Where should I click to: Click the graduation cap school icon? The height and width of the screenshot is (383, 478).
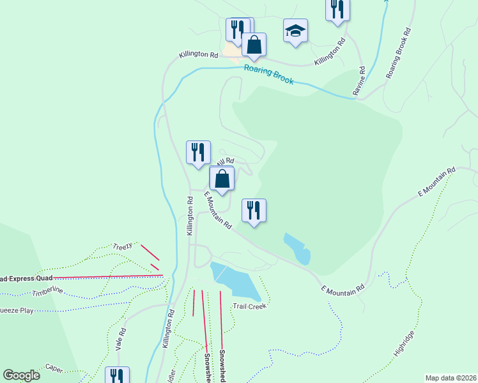295,31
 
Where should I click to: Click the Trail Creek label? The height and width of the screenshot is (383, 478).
249,306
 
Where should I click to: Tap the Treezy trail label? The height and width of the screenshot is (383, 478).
122,246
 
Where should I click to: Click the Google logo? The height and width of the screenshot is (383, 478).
22,375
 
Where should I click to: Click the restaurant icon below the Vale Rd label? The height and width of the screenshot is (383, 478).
118,375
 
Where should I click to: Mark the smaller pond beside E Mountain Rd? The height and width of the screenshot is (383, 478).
297,248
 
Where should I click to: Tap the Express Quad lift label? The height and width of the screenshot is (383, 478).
26,278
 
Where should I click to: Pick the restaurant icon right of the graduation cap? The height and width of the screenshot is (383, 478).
337,10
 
